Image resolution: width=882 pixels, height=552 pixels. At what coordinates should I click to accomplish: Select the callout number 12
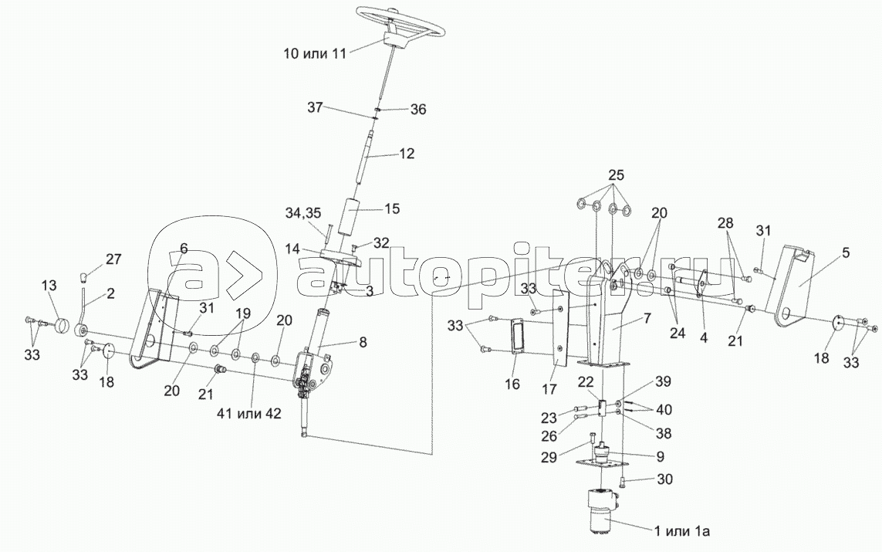407,153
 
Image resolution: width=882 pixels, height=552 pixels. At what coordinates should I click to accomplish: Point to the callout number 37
316,107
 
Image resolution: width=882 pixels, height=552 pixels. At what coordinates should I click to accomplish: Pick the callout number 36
418,109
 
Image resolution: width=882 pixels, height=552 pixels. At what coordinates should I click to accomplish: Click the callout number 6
184,248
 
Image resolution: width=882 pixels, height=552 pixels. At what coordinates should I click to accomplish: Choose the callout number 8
363,341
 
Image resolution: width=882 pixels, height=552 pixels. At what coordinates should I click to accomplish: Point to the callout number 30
665,479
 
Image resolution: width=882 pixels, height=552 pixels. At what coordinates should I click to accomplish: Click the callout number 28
725,224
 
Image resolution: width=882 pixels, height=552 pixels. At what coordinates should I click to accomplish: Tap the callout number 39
663,382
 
